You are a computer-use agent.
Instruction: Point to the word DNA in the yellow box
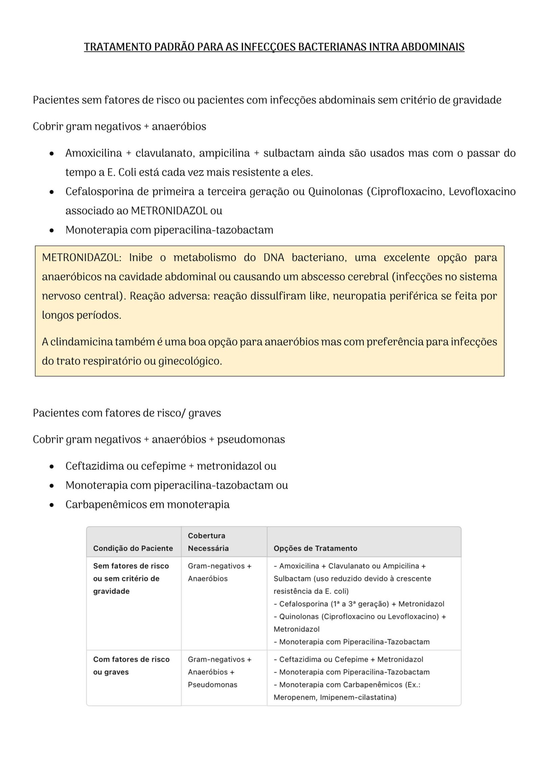click(x=274, y=258)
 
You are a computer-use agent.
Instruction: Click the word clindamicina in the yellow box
click(x=81, y=342)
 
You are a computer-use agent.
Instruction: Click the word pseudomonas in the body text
click(x=251, y=439)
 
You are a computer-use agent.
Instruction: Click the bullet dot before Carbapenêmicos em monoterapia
click(x=51, y=505)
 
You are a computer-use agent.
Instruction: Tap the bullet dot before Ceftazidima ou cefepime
click(x=51, y=466)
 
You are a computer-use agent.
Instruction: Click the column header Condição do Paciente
click(x=133, y=548)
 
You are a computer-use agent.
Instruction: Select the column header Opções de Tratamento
click(x=315, y=548)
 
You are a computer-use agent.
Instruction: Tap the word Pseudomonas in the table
click(x=212, y=684)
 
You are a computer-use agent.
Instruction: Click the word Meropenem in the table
click(x=295, y=697)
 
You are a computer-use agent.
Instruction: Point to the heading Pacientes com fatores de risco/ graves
click(x=127, y=413)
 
